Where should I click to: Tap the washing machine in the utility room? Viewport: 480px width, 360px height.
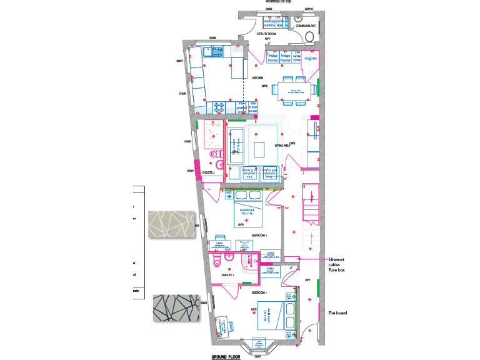coord(269,23)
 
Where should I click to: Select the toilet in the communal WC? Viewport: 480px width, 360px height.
coord(311,36)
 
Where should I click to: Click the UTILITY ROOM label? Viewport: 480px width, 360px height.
coord(266,34)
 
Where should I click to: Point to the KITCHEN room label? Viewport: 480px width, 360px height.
coord(257,77)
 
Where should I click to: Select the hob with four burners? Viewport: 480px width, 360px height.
coord(221,107)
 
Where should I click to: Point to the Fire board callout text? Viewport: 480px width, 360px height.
coord(337,313)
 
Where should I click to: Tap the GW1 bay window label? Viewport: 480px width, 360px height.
coord(257,356)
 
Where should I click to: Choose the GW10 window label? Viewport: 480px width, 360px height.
coord(308,9)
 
